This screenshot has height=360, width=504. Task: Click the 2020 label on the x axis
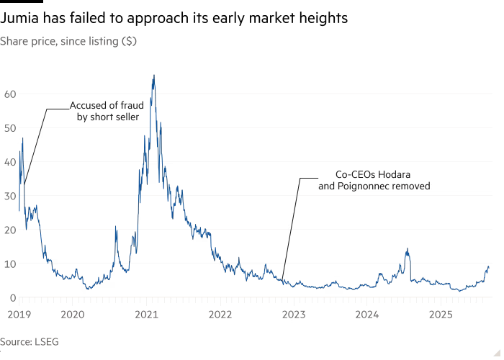point(72,315)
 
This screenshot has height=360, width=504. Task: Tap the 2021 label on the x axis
point(146,315)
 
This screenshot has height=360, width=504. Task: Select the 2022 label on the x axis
point(220,315)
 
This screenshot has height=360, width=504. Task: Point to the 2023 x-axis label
point(294,315)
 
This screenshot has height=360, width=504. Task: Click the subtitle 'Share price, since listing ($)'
point(68,42)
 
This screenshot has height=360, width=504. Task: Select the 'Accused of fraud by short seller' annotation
point(107,111)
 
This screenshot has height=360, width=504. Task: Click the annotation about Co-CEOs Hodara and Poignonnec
point(374,180)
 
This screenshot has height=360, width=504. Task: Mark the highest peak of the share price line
point(153,76)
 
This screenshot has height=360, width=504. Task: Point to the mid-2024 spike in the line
point(408,249)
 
